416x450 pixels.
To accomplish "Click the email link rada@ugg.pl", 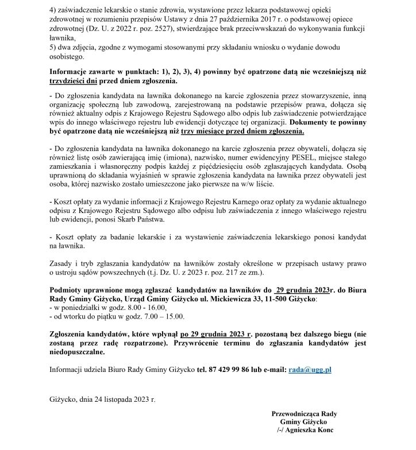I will [310, 370].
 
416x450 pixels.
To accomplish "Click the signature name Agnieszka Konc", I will [313, 429].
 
